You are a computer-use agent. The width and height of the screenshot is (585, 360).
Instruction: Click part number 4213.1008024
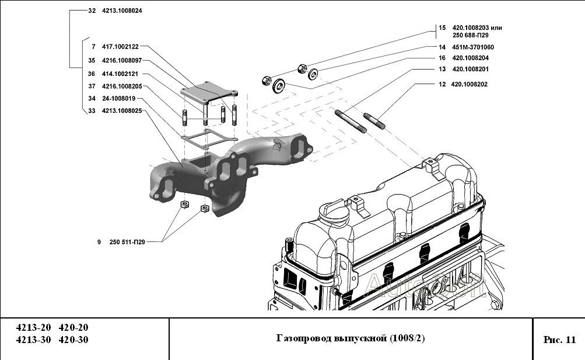coord(122,11)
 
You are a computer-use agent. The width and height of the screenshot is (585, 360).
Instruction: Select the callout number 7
coord(92,46)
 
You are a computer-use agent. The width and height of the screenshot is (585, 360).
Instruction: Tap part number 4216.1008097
coord(122,60)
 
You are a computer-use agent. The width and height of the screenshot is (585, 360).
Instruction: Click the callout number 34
coord(92,98)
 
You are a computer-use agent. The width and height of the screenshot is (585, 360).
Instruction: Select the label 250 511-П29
coord(127,241)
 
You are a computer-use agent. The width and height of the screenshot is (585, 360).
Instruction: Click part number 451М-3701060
coord(472,47)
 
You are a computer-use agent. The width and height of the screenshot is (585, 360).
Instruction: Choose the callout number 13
coord(442,70)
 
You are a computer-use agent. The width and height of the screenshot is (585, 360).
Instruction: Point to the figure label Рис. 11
coord(559,340)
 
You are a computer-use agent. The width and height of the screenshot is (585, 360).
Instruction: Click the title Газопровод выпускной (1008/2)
coord(350,339)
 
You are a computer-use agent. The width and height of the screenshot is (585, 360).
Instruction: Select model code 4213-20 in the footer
coord(33,328)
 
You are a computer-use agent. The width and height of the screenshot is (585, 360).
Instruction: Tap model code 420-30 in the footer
coord(75,340)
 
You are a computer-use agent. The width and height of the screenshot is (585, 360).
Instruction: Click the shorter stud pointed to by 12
coord(374,121)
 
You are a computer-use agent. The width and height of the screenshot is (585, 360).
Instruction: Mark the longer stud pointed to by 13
coord(350,123)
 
